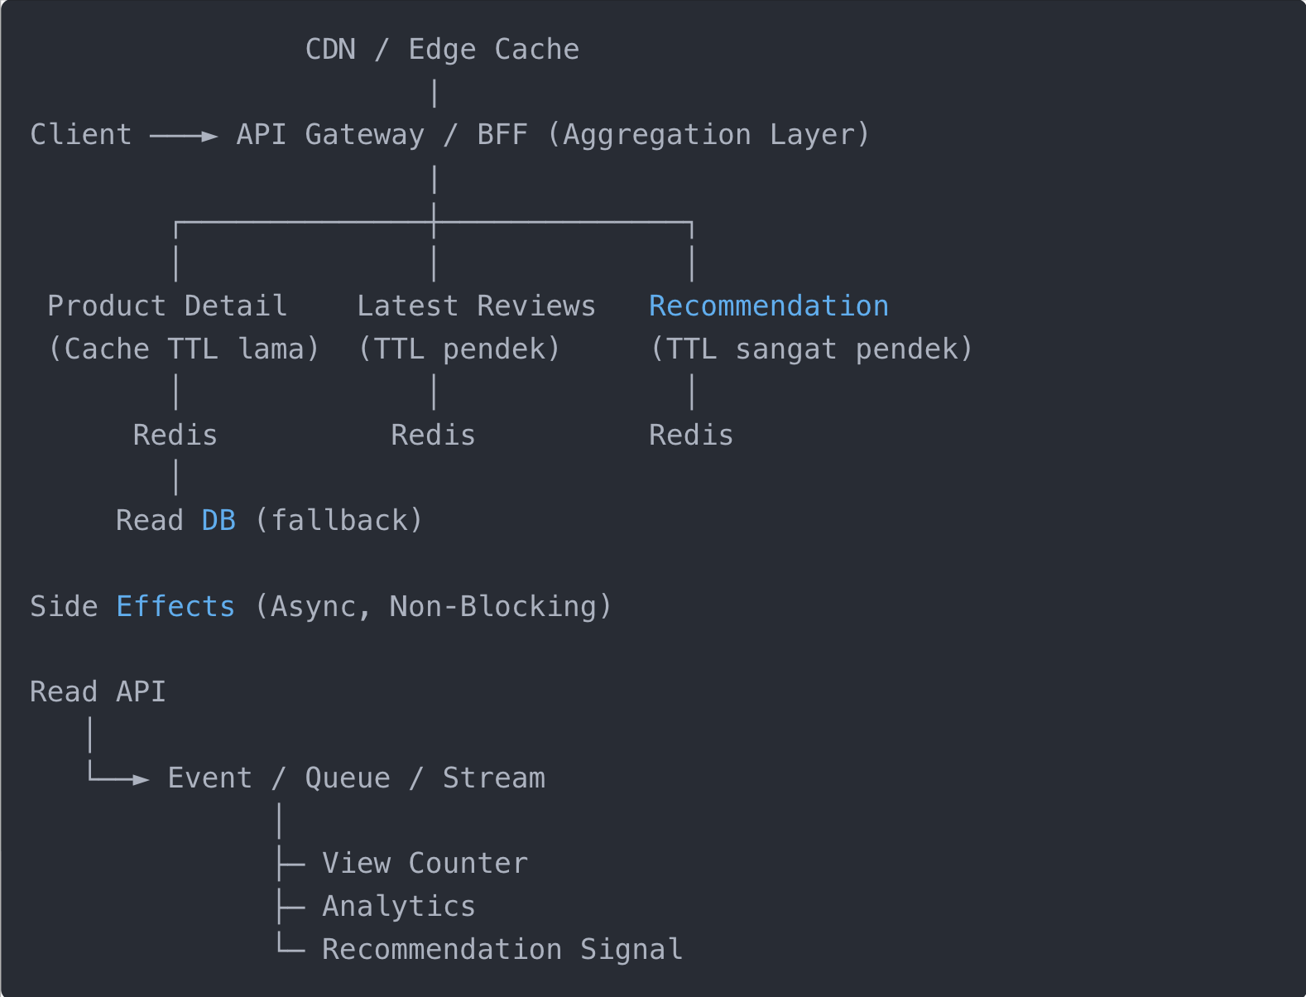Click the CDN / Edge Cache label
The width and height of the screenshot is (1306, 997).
pyautogui.click(x=442, y=50)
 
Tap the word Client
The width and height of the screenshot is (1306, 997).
pyautogui.click(x=81, y=135)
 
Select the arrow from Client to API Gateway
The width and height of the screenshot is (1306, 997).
pyautogui.click(x=184, y=136)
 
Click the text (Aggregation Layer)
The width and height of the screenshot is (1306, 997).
pyautogui.click(x=708, y=135)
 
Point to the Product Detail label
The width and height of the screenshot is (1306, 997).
pyautogui.click(x=167, y=306)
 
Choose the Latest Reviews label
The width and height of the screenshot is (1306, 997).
pyautogui.click(x=476, y=306)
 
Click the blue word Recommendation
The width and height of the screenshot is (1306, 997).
pyautogui.click(x=768, y=306)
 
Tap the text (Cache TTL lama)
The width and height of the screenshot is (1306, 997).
pyautogui.click(x=184, y=349)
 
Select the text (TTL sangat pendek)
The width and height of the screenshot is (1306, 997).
pyautogui.click(x=811, y=349)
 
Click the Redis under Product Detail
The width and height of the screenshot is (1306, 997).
pyautogui.click(x=175, y=436)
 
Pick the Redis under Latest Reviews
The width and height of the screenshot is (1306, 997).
pyautogui.click(x=433, y=436)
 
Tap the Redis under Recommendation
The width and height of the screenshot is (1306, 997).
pyautogui.click(x=691, y=436)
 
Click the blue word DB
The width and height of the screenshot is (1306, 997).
pyautogui.click(x=218, y=521)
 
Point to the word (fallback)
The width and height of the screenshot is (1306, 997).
pyautogui.click(x=339, y=521)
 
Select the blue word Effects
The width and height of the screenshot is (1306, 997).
pyautogui.click(x=175, y=607)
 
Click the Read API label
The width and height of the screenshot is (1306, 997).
pyautogui.click(x=98, y=692)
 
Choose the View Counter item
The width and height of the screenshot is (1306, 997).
pyautogui.click(x=425, y=864)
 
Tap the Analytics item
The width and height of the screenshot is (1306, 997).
pyautogui.click(x=399, y=907)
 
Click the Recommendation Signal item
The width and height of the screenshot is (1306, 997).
pyautogui.click(x=502, y=950)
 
